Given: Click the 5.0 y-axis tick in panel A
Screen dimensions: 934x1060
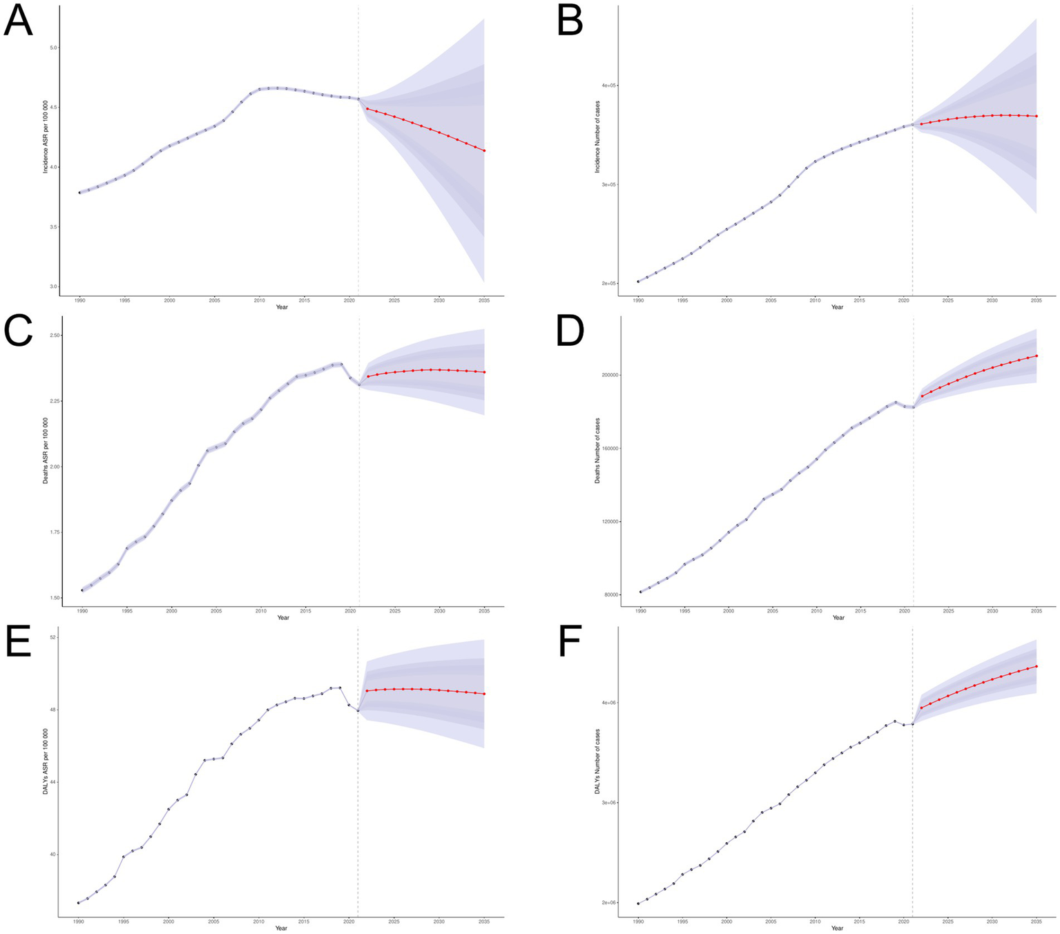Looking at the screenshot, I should (x=53, y=48).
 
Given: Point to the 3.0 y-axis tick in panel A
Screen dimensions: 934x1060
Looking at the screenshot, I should (x=53, y=286).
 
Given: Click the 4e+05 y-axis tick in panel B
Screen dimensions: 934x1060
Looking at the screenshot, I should (x=608, y=86).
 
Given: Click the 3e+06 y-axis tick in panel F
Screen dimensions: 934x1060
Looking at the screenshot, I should (x=608, y=803).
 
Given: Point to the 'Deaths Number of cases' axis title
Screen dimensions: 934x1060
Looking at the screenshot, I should (x=597, y=450).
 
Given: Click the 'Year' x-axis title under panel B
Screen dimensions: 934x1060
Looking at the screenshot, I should (x=837, y=307).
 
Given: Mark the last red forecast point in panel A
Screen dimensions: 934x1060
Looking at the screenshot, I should (x=484, y=150).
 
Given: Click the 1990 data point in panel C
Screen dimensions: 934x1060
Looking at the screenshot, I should (x=82, y=590).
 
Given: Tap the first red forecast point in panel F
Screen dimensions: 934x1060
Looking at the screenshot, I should (x=921, y=708).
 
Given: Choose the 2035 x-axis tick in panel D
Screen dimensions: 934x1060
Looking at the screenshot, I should (x=1037, y=611).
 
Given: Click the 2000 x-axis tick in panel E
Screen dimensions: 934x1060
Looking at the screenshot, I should (x=168, y=922).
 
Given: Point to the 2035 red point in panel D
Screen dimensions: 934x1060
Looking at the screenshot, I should (x=1037, y=356).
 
